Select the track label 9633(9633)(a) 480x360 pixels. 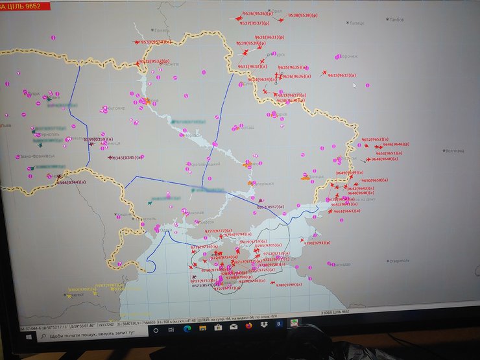tap(342, 75)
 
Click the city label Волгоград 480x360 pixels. tap(454, 150)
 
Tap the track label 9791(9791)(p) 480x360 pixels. tap(317, 243)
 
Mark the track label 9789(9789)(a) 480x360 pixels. tap(290, 285)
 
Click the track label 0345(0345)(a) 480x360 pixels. tap(125, 157)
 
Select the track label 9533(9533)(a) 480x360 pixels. tap(156, 42)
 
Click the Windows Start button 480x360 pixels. tap(28, 336)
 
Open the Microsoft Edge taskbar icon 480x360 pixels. tap(187, 329)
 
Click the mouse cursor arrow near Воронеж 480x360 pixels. tap(355, 85)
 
